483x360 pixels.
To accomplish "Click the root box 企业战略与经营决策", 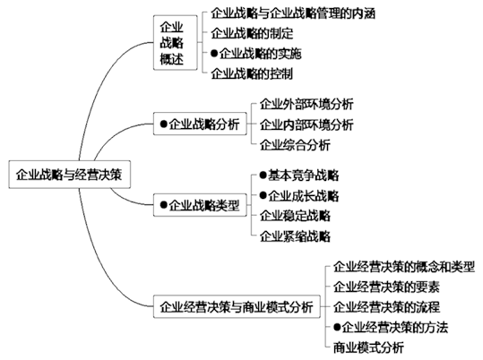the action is (69, 175).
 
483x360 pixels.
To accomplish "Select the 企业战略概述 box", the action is (176, 42).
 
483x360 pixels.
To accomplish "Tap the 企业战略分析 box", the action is (200, 124).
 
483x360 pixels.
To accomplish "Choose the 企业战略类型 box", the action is (200, 205).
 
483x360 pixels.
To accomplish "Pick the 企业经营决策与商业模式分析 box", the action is (237, 306).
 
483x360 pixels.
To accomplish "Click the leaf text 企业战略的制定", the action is (252, 33).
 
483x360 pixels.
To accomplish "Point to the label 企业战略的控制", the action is (252, 73).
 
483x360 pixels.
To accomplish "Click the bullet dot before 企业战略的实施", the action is (214, 53).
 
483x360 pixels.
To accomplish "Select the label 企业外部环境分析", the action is (306, 104).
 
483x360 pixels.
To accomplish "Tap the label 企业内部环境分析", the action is (306, 124).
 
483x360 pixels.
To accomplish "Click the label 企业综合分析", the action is (295, 145).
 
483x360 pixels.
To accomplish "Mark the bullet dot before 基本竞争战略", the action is (263, 175).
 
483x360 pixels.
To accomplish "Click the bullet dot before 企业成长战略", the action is (263, 195).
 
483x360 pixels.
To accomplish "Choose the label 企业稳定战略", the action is (295, 216).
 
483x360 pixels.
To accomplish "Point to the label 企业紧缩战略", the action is (295, 236).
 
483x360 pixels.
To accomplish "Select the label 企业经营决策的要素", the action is (386, 287).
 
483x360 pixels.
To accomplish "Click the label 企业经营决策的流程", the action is (386, 307).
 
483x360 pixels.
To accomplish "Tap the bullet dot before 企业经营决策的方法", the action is (337, 327).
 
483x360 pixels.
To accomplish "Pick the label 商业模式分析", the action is (368, 347).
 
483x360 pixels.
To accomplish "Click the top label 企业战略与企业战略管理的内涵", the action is (293, 13).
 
